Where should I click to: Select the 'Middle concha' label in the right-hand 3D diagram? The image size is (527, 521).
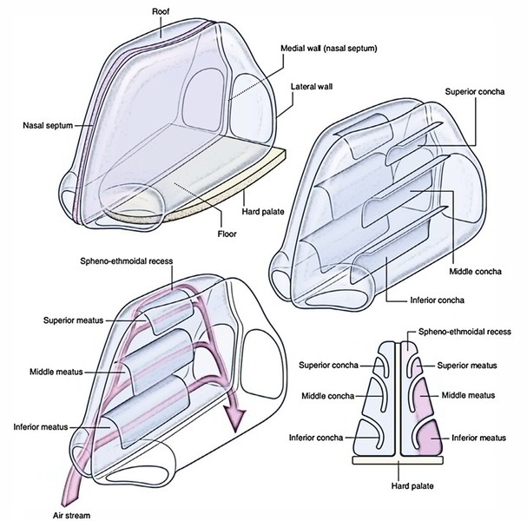pyautogui.click(x=479, y=270)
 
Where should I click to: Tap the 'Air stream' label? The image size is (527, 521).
pyautogui.click(x=22, y=514)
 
